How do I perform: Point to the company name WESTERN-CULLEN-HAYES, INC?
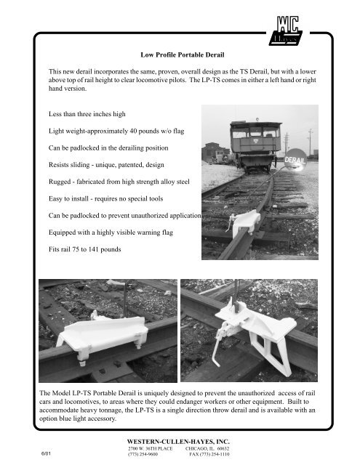[179, 440]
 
